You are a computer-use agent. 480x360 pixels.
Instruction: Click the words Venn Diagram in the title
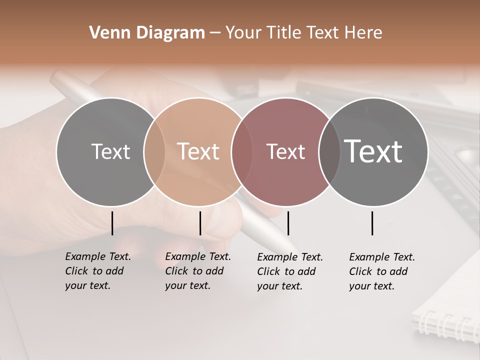pyautogui.click(x=147, y=33)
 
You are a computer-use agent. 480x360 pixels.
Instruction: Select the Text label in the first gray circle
pyautogui.click(x=110, y=151)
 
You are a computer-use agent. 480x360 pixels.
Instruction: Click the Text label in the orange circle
pyautogui.click(x=198, y=151)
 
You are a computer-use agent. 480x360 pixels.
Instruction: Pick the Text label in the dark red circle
pyautogui.click(x=285, y=151)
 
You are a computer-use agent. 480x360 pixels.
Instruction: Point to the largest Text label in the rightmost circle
pyautogui.click(x=373, y=151)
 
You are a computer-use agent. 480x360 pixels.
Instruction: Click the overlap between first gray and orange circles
pyautogui.click(x=154, y=151)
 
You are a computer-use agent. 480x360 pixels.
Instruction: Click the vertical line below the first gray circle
pyautogui.click(x=112, y=223)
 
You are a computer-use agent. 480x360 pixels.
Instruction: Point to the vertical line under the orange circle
pyautogui.click(x=200, y=223)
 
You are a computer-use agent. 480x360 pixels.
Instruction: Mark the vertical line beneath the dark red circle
pyautogui.click(x=288, y=223)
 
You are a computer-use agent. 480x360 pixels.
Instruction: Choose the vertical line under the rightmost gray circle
pyautogui.click(x=372, y=223)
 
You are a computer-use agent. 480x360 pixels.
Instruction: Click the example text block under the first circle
pyautogui.click(x=97, y=271)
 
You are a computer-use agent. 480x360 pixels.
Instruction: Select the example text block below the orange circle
pyautogui.click(x=197, y=271)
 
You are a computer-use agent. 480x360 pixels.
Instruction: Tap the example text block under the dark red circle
pyautogui.click(x=289, y=271)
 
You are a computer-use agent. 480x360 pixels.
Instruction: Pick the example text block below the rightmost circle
pyautogui.click(x=381, y=271)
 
